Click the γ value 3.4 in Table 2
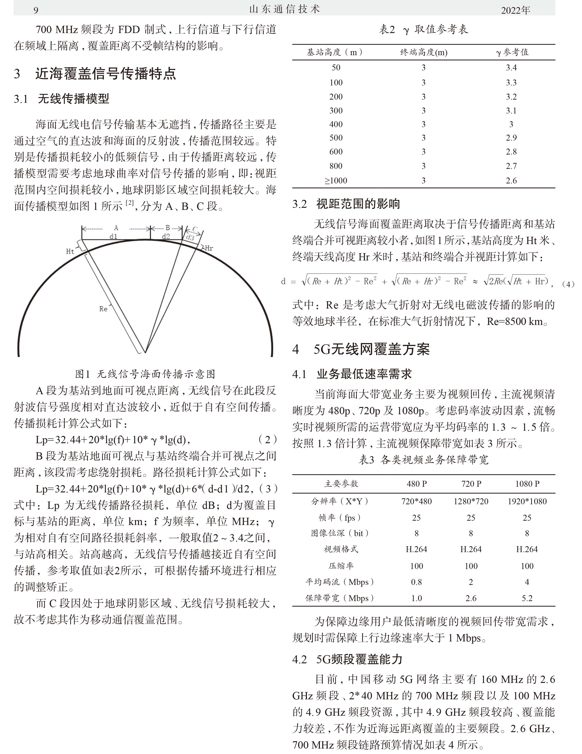(511, 68)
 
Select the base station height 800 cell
(336, 166)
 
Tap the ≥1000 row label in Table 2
(336, 180)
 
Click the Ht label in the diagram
(70, 251)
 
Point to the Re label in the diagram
(103, 309)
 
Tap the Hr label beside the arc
(209, 248)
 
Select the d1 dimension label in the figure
(113, 237)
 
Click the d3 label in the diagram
(190, 237)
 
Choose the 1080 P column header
(527, 484)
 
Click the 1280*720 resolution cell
(471, 501)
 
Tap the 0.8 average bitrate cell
(416, 582)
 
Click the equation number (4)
(568, 284)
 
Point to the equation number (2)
(267, 440)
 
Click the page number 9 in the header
(36, 10)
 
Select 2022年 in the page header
(515, 10)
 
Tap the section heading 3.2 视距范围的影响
(346, 204)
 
